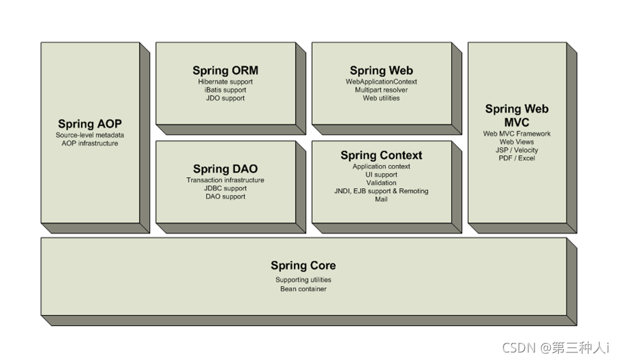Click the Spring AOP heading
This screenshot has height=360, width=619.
(x=89, y=123)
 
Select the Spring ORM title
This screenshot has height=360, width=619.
(x=225, y=70)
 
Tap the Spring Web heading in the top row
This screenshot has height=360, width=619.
(x=381, y=70)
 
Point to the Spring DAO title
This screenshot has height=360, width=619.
(x=225, y=168)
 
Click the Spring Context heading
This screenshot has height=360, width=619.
(x=381, y=155)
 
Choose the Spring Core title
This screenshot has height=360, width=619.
(x=303, y=265)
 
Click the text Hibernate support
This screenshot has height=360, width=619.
(x=225, y=82)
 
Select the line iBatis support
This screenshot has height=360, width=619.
(x=225, y=90)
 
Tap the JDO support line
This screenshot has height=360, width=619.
(x=225, y=98)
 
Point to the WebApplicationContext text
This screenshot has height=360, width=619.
(x=381, y=82)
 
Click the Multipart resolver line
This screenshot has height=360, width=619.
(x=381, y=90)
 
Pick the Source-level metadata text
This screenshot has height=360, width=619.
(x=89, y=135)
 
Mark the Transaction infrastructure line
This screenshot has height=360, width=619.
(x=225, y=180)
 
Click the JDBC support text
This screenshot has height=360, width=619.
(x=225, y=188)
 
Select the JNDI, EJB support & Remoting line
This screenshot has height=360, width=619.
(x=381, y=191)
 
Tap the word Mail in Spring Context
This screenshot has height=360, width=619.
(x=381, y=199)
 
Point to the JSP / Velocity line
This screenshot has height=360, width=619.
(x=517, y=150)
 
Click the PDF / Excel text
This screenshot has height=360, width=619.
(x=517, y=158)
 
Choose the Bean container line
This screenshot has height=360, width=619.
(x=303, y=289)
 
